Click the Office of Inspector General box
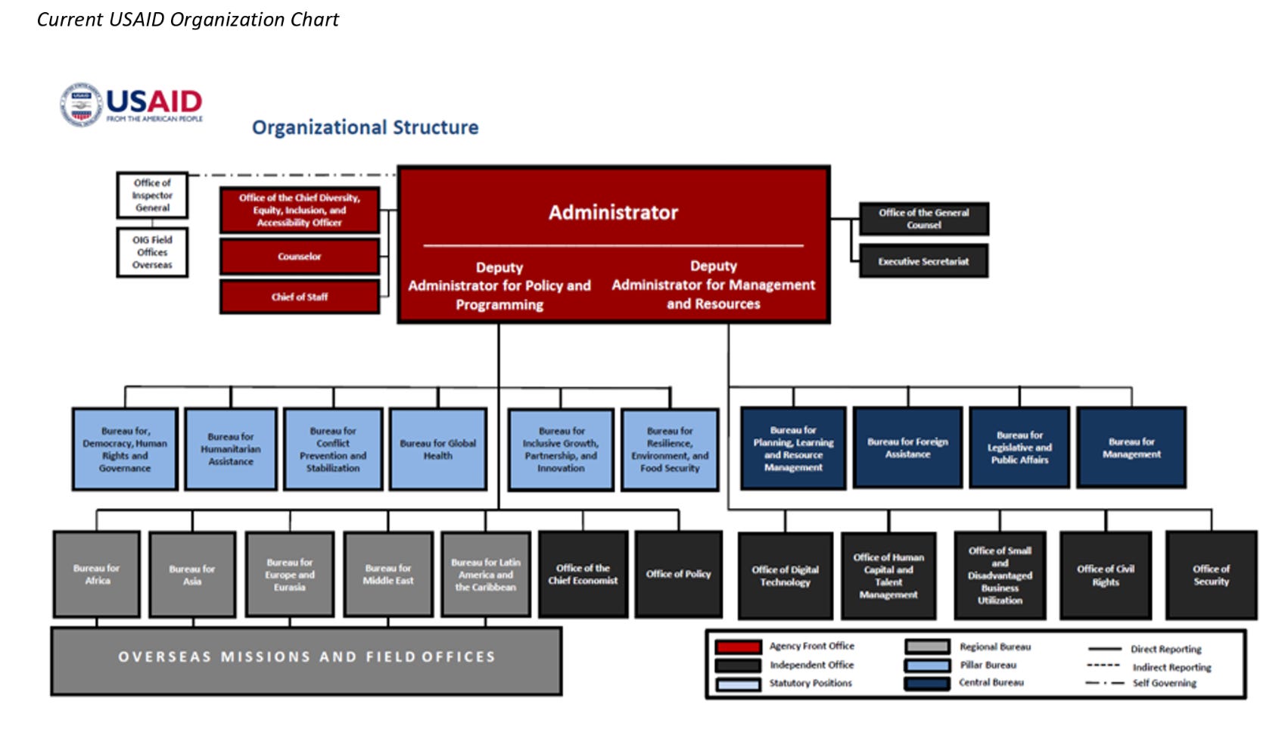[152, 195]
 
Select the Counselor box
[300, 257]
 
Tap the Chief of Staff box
[300, 297]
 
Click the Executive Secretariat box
[923, 261]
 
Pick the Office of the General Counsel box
[923, 219]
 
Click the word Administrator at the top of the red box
[613, 213]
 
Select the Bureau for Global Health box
[437, 450]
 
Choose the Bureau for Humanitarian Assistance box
[231, 450]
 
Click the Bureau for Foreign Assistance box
[907, 448]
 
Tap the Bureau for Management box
[1131, 448]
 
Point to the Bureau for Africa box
[97, 575]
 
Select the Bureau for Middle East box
[388, 575]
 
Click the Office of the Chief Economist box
[583, 575]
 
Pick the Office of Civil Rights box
[1106, 575]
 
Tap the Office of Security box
[1211, 575]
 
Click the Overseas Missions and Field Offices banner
[306, 657]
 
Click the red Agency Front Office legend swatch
[738, 647]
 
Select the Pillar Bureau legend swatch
[927, 666]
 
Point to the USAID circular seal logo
[81, 104]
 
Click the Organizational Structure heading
[365, 127]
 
